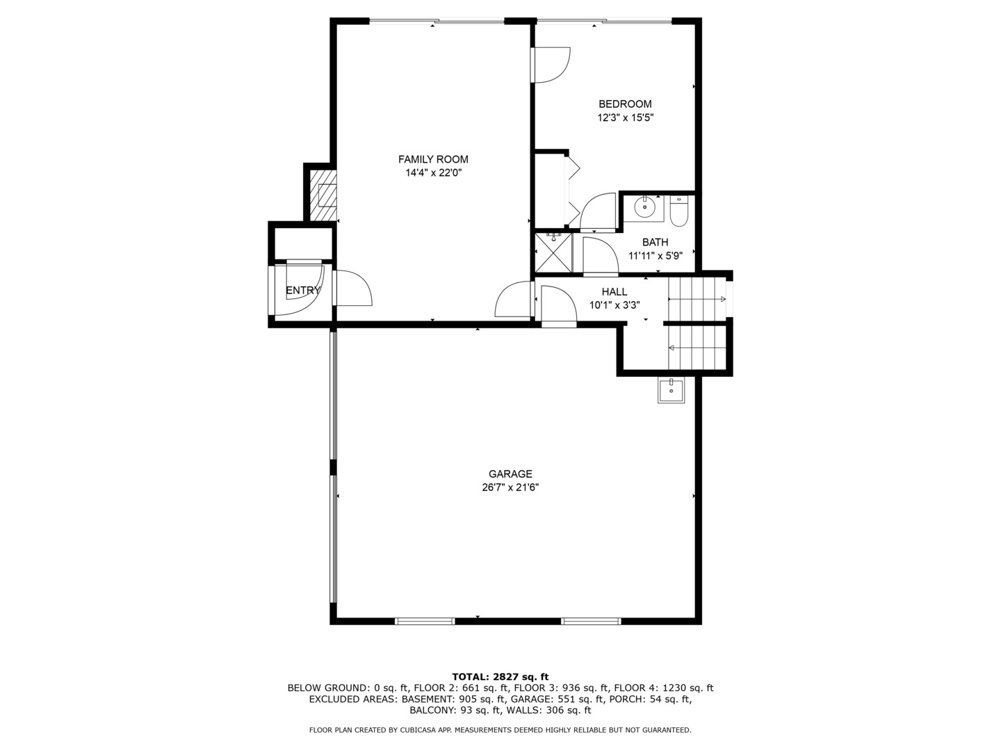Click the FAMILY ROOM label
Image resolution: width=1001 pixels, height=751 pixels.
click(433, 159)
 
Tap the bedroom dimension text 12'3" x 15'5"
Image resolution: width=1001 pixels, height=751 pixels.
click(625, 118)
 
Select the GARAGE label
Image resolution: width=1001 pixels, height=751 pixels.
click(510, 474)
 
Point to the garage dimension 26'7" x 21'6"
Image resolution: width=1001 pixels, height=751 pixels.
click(510, 487)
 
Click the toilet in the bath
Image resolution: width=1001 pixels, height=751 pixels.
click(678, 211)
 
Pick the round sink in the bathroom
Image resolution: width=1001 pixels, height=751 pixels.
click(645, 207)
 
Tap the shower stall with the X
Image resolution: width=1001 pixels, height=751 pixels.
click(553, 253)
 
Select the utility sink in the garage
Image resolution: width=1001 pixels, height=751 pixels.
click(671, 390)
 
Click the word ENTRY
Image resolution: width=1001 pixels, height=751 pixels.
click(303, 291)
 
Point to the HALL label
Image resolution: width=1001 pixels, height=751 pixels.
click(615, 292)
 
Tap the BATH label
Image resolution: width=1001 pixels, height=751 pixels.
click(655, 242)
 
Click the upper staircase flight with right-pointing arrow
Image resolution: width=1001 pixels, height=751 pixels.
click(697, 299)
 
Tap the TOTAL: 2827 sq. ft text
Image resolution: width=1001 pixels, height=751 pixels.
click(500, 677)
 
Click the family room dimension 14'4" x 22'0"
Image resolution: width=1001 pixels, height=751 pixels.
click(433, 172)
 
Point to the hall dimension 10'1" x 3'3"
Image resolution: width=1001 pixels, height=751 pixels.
click(615, 305)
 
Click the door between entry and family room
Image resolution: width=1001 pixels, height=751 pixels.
click(353, 288)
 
